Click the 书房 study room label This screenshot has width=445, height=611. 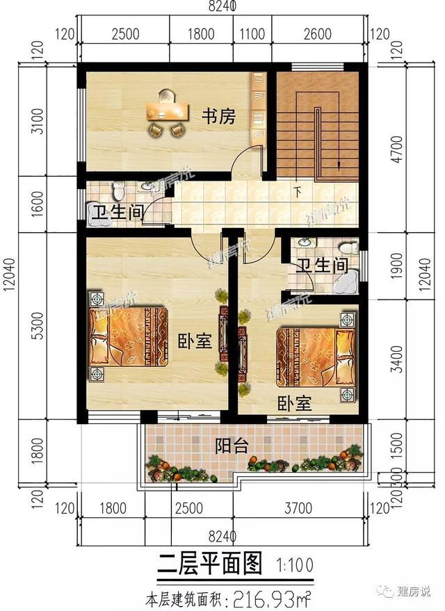[x=218, y=117]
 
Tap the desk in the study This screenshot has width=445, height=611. [x=168, y=111]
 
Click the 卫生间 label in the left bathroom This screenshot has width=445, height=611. [x=115, y=211]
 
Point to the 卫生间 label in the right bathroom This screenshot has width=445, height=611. [x=321, y=266]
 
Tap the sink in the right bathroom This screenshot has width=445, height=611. [x=304, y=243]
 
